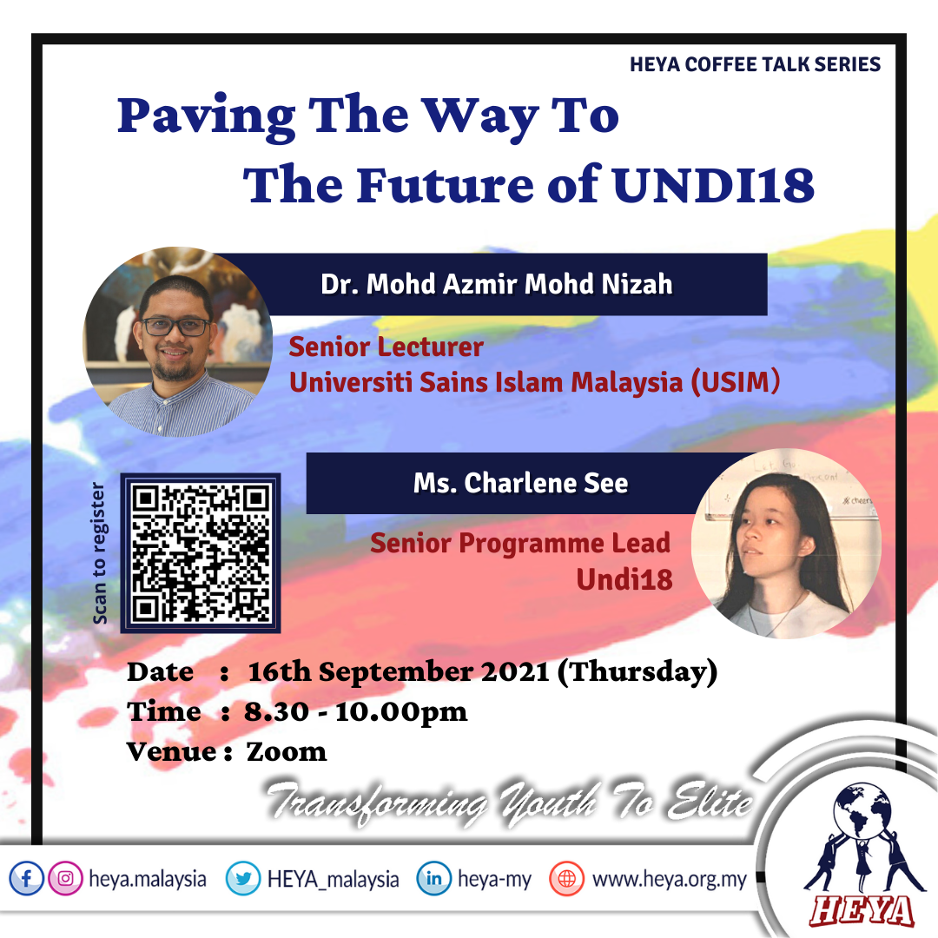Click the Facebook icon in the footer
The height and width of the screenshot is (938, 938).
click(x=26, y=878)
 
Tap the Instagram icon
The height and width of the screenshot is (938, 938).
click(x=65, y=878)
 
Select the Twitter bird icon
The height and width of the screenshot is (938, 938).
click(x=243, y=878)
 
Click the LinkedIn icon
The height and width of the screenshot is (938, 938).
click(x=433, y=878)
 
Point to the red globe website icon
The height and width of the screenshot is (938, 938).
click(x=566, y=878)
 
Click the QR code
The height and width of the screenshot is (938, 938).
click(x=201, y=552)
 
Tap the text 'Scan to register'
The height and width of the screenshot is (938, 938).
click(x=99, y=553)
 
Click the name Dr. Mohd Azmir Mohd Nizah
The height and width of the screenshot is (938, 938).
click(x=497, y=284)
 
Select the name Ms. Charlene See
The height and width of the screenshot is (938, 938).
click(x=520, y=483)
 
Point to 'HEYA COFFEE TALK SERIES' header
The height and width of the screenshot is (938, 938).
click(x=755, y=64)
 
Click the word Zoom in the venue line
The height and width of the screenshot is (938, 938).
click(x=287, y=752)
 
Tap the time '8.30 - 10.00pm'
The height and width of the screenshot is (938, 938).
click(x=355, y=712)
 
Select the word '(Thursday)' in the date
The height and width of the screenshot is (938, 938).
click(x=637, y=672)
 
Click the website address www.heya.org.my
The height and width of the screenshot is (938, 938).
click(x=670, y=879)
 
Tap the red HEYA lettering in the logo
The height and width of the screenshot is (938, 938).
click(x=862, y=911)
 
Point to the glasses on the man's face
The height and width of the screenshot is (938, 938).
click(x=175, y=327)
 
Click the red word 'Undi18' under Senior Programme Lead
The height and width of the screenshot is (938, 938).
click(x=624, y=579)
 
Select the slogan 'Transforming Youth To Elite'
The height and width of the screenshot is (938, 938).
click(x=509, y=802)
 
